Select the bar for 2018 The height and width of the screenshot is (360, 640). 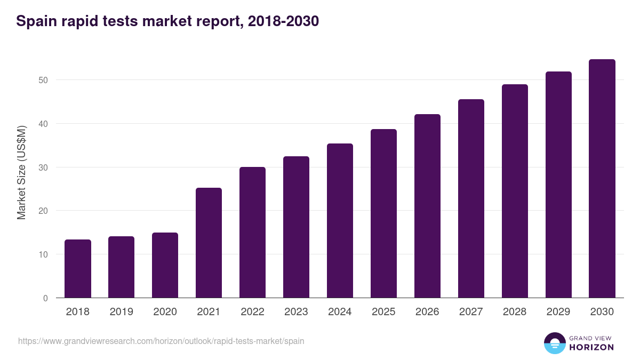[78, 269]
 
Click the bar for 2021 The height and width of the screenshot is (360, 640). [209, 243]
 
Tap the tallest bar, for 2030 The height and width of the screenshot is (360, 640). [602, 179]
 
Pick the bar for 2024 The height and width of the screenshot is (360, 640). [340, 221]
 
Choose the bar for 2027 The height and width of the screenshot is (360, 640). [471, 198]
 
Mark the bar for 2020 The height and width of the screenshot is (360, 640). [165, 265]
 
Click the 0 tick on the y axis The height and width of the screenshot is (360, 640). [45, 298]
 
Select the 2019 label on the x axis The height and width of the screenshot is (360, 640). [122, 312]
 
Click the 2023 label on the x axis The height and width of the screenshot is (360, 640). [296, 312]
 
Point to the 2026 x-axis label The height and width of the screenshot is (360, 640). [427, 312]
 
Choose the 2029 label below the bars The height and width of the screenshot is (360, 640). [558, 312]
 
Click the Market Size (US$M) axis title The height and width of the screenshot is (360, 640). [21, 172]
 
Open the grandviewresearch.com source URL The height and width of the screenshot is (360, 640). [161, 341]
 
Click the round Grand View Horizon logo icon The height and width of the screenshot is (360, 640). [555, 343]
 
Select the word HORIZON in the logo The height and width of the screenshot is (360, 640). [591, 347]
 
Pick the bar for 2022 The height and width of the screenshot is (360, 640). [252, 233]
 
